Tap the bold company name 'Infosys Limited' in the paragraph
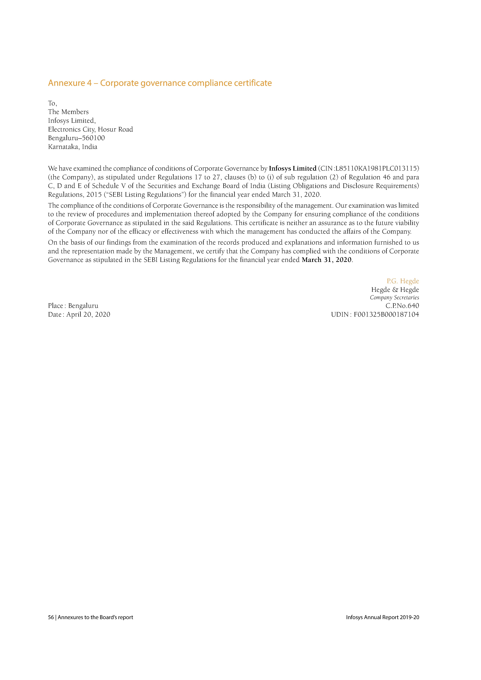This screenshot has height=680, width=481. (293, 169)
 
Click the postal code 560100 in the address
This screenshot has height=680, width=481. (93, 138)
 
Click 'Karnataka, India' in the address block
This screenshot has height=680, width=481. (73, 147)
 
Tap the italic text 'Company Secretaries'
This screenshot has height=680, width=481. (394, 298)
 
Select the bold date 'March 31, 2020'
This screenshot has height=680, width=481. (326, 260)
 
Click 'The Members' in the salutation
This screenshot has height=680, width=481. (68, 112)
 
